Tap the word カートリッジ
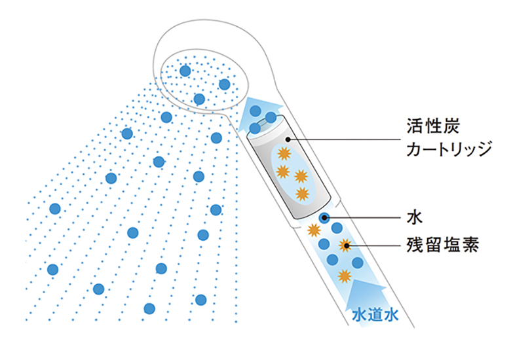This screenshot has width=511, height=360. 447,149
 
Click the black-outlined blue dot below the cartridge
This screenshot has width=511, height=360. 324,218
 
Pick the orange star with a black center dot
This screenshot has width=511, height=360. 345,246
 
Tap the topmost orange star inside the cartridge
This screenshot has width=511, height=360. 284,154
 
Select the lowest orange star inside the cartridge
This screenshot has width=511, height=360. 302,193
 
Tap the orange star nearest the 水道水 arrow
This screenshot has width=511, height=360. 342,276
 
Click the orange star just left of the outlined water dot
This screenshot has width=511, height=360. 314,230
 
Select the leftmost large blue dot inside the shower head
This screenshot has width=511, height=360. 185,71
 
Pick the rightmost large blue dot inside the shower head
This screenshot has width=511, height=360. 225,84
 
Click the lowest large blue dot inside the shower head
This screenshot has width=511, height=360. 199,99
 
